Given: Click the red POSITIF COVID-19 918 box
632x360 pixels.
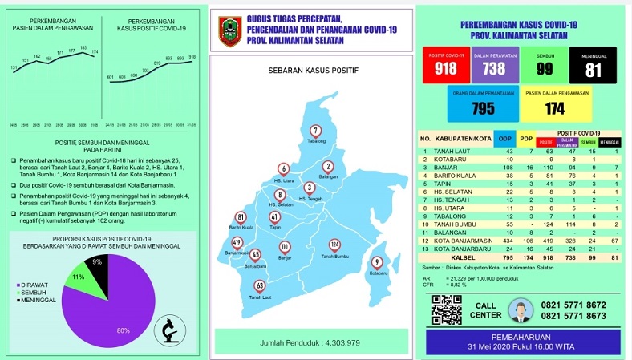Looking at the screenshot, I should click(x=446, y=66).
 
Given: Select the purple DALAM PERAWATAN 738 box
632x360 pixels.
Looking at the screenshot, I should click(x=494, y=66).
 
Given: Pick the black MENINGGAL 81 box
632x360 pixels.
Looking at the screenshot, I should click(x=593, y=66).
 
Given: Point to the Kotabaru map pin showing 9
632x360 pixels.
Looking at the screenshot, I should click(x=376, y=262).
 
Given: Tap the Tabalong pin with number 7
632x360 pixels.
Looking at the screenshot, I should click(x=315, y=131).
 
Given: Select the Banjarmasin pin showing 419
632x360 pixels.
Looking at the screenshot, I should click(x=237, y=242).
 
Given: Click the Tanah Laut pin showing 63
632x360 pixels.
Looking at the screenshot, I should click(x=260, y=286).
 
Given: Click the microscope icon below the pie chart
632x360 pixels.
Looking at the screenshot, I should click(x=168, y=328).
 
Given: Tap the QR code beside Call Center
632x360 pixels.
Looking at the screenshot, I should click(x=447, y=309).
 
